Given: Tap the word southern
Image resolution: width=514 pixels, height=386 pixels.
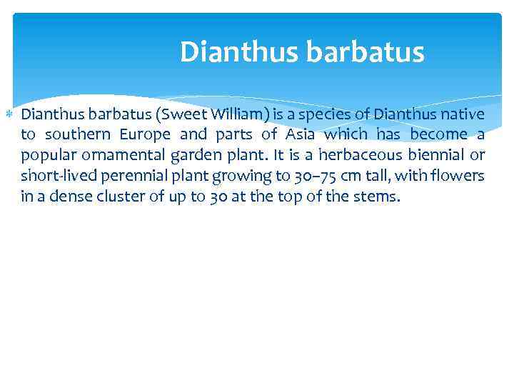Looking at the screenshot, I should click(78, 135).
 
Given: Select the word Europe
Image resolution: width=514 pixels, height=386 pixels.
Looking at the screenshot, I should click(145, 135).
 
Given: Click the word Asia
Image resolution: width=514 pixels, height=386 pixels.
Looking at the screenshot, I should click(301, 135).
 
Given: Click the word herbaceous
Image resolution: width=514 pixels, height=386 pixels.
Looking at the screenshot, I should click(361, 156).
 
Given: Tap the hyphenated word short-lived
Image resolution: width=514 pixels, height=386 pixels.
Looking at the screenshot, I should click(51, 176).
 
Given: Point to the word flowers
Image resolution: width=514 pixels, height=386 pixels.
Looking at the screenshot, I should click(458, 176).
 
